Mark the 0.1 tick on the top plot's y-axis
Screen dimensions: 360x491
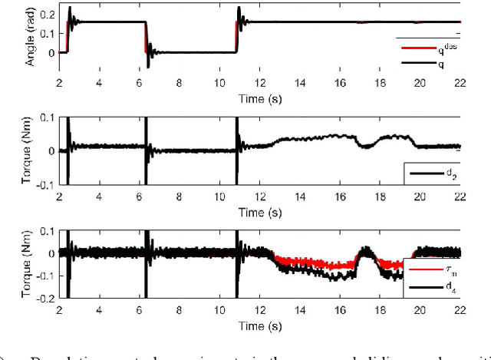[48, 34]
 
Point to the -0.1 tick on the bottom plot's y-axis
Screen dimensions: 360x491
[45, 276]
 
